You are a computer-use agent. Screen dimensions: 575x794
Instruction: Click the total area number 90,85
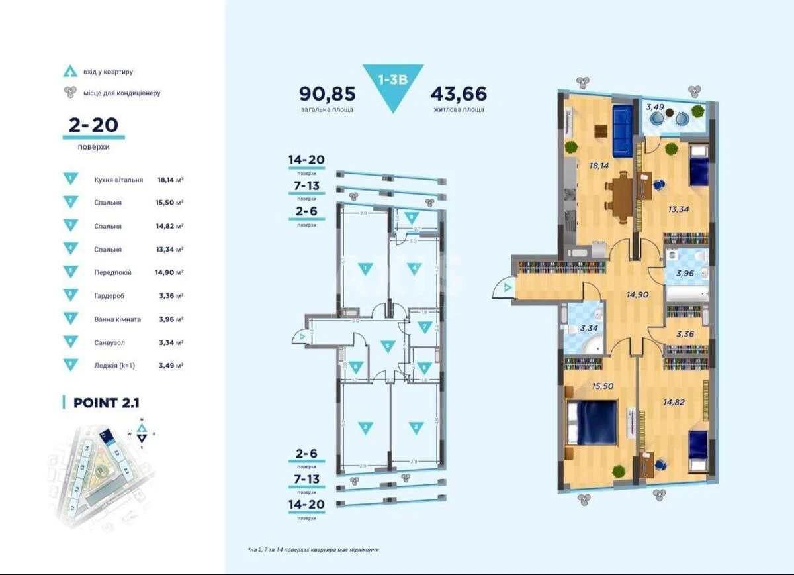[x=326, y=93]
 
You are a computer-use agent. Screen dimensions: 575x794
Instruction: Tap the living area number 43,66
[x=459, y=93]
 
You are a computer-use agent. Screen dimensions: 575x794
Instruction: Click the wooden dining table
[x=622, y=198]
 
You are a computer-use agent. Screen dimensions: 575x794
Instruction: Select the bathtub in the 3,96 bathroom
[x=687, y=292]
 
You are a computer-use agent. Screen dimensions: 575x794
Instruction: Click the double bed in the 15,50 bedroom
[x=592, y=423]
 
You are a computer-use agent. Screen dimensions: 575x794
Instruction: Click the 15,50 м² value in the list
[x=169, y=203]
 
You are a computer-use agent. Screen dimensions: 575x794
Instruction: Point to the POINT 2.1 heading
[x=106, y=403]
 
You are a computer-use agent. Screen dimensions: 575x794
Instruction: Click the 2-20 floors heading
[x=93, y=126]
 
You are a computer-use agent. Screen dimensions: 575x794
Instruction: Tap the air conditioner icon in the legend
[x=69, y=93]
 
